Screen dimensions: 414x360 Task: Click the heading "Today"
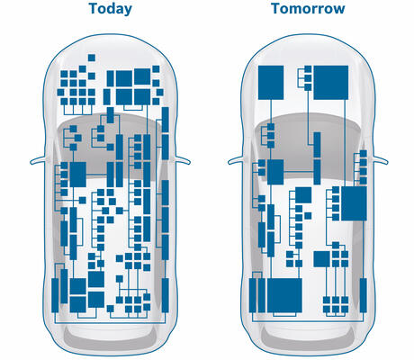point(111,9)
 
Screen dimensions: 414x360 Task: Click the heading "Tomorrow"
point(308,8)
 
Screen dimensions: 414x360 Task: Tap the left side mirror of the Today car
point(38,160)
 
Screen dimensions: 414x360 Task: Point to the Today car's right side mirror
point(183,160)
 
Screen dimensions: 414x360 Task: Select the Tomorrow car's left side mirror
point(236,160)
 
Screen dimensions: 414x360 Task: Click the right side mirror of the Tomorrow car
point(381,160)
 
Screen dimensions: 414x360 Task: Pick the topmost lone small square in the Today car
point(92,58)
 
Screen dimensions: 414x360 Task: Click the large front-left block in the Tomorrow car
point(271,83)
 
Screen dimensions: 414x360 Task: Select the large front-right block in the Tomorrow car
point(331,83)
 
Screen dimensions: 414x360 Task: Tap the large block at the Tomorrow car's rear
point(284,295)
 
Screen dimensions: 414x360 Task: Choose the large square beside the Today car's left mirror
point(77,175)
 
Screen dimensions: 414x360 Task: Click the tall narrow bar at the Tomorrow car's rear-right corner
point(363,295)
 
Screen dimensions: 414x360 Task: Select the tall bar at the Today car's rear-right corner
point(165,295)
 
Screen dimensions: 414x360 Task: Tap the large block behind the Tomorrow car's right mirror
point(354,203)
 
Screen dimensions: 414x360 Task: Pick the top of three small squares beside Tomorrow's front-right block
point(308,69)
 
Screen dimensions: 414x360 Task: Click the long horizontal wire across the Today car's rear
point(110,323)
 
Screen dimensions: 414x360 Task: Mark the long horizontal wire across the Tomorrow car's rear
point(308,322)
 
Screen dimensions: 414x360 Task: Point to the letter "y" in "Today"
point(128,10)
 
